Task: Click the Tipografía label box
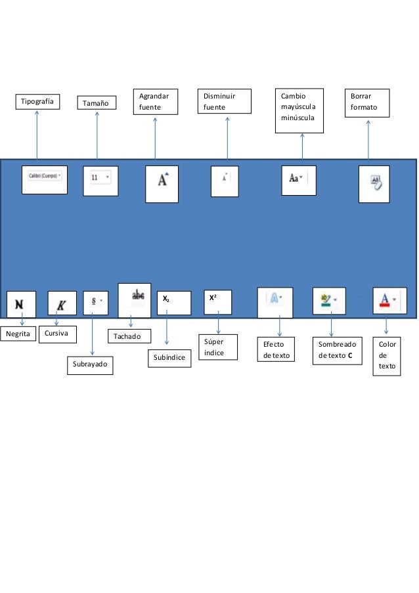(x=37, y=101)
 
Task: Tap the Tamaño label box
(x=97, y=104)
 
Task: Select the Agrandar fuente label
(x=155, y=102)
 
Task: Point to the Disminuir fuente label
(x=227, y=102)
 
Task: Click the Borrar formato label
(x=368, y=102)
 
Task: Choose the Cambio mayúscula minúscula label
(x=299, y=111)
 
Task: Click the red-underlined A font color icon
(x=385, y=301)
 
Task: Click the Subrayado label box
(x=89, y=365)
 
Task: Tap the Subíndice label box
(x=168, y=359)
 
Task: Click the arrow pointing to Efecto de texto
(x=280, y=326)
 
